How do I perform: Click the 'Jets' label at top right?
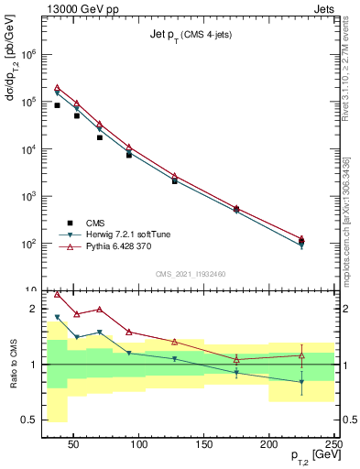tap(322, 8)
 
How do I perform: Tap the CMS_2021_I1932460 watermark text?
tap(191, 273)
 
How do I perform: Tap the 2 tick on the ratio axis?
tap(35, 309)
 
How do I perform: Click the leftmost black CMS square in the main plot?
tap(57, 105)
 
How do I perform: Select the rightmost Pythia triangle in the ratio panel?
tap(301, 354)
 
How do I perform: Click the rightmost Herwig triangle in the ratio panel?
tap(301, 382)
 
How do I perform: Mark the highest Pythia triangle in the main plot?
tap(57, 87)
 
